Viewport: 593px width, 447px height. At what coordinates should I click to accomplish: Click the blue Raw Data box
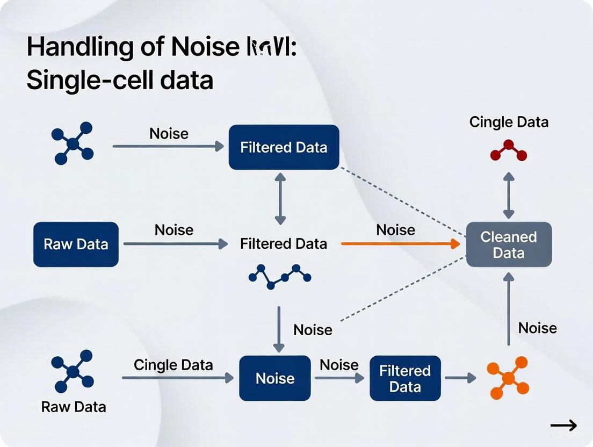click(x=76, y=244)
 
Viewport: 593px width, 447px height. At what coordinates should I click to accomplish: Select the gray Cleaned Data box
click(x=509, y=244)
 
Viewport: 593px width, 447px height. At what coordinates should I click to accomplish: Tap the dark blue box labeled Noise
click(x=275, y=378)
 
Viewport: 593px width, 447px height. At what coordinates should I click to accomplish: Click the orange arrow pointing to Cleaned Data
click(x=401, y=244)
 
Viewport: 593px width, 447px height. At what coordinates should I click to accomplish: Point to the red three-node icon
click(x=509, y=151)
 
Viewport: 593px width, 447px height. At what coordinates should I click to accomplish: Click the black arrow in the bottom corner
click(x=563, y=426)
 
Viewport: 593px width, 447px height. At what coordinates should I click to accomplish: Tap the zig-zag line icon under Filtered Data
click(x=280, y=276)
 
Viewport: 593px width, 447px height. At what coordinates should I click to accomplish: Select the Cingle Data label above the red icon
click(x=509, y=122)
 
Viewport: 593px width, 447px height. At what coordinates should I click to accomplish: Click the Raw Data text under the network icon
click(x=74, y=407)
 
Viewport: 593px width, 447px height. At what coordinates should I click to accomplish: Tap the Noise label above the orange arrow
click(x=395, y=230)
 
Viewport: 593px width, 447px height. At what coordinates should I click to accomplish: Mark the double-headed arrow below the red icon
click(x=509, y=195)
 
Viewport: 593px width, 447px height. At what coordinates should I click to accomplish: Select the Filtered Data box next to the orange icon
click(x=405, y=378)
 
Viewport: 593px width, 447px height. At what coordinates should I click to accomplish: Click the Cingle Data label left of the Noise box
click(x=173, y=365)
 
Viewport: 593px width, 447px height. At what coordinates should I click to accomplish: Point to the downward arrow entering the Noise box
click(x=278, y=329)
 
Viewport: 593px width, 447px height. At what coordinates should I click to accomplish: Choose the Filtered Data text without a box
click(x=284, y=244)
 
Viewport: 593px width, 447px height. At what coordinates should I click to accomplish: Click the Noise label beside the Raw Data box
click(x=174, y=230)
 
